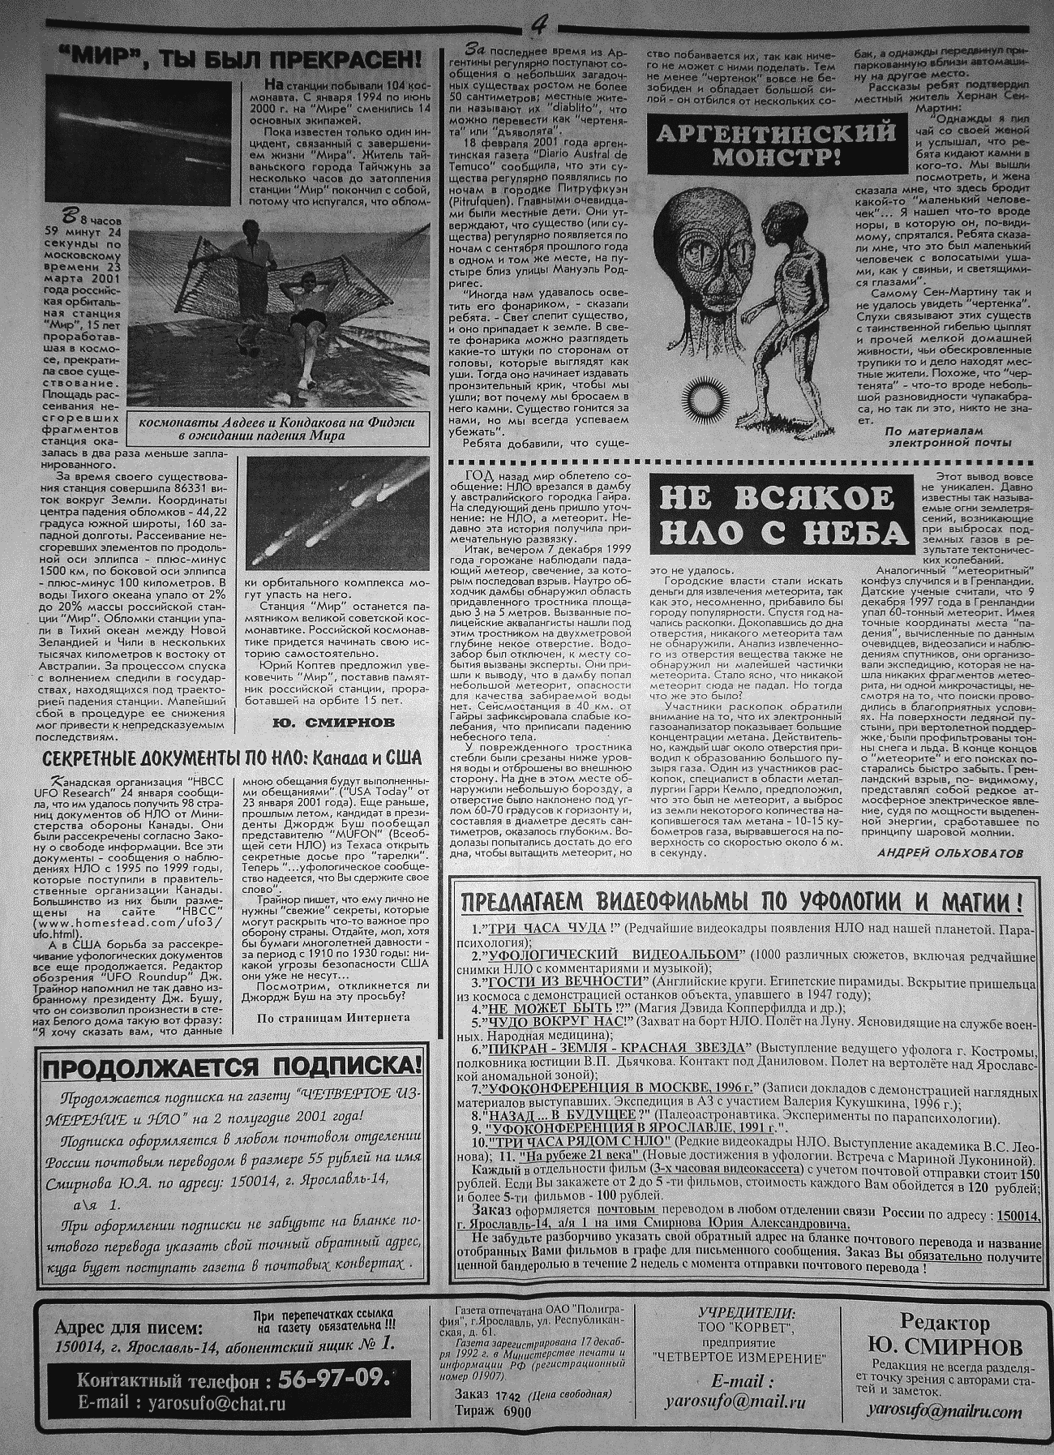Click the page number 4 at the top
538,26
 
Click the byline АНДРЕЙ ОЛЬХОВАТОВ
949,852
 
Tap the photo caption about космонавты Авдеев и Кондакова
276,429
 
